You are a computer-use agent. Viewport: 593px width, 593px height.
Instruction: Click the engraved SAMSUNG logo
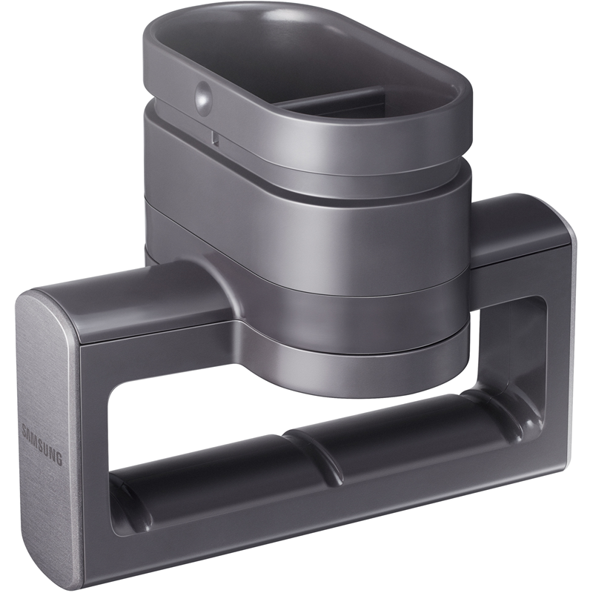pyautogui.click(x=42, y=445)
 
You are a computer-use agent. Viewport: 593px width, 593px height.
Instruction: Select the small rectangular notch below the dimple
pyautogui.click(x=215, y=139)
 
